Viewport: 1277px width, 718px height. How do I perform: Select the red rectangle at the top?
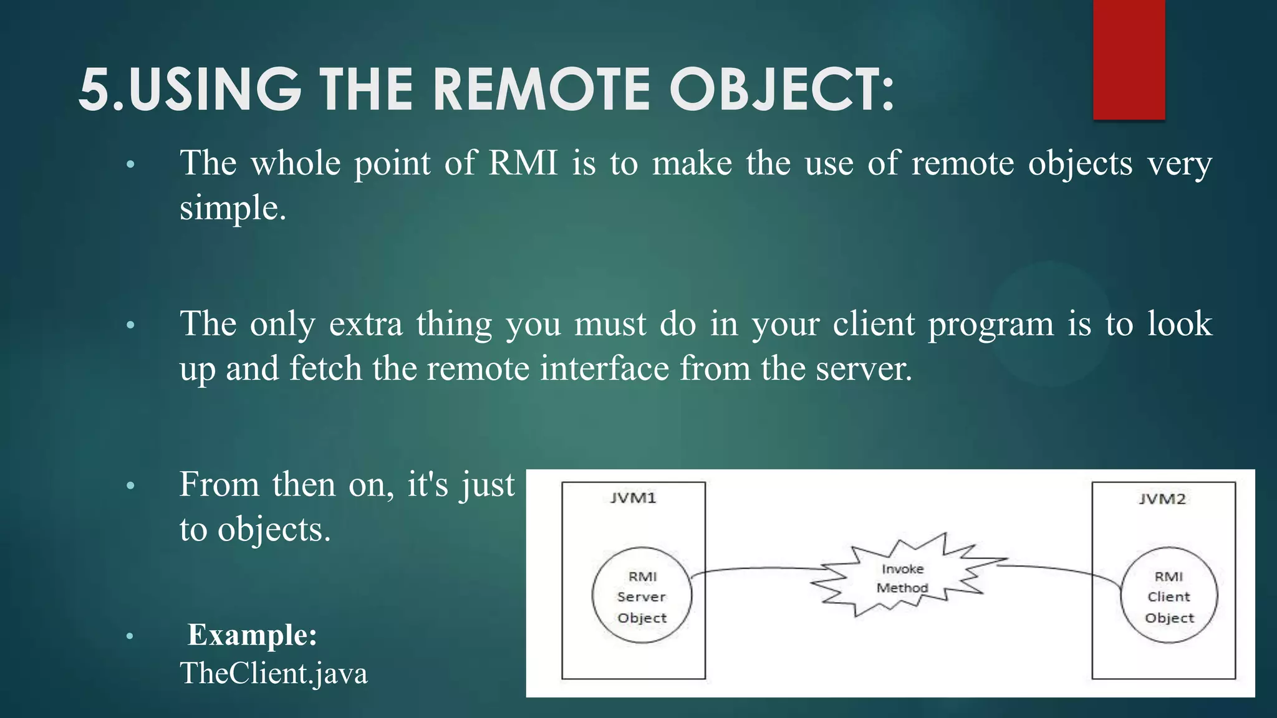1129,59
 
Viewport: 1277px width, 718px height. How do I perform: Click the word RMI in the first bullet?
523,163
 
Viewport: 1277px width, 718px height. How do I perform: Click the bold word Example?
253,635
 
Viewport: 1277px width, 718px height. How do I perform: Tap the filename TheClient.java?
274,673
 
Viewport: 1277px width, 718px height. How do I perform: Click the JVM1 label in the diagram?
633,498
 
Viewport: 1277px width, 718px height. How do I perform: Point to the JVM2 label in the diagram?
1162,499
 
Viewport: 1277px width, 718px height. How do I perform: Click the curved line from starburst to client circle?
1060,568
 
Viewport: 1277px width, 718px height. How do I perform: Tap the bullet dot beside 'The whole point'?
130,165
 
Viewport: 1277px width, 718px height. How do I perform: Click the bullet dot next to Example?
130,636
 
